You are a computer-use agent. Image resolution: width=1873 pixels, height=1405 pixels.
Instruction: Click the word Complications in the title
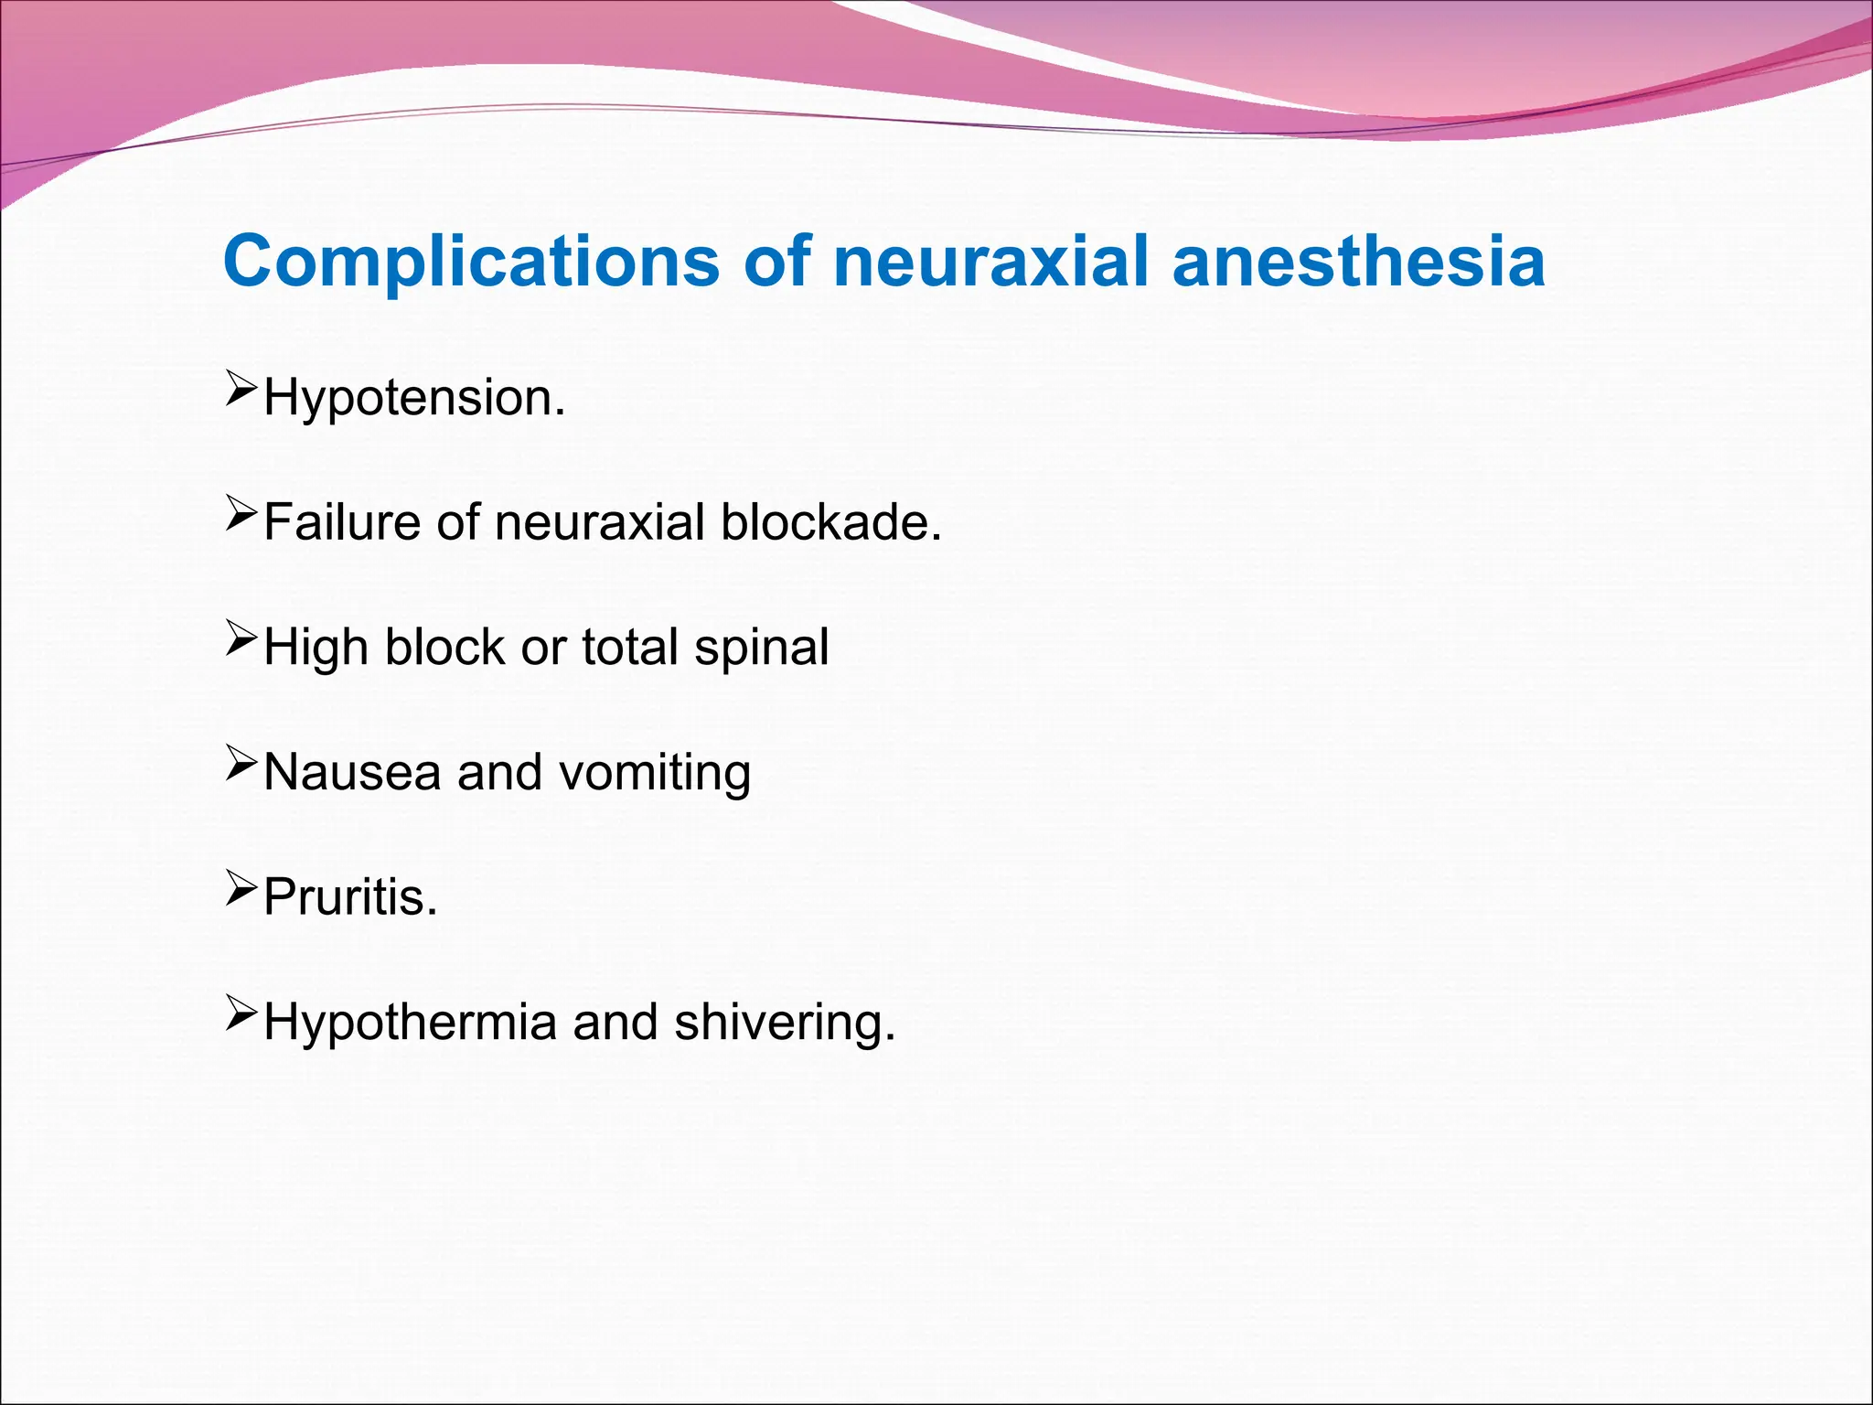[x=472, y=263]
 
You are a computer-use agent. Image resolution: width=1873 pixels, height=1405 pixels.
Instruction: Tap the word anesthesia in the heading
[x=1359, y=263]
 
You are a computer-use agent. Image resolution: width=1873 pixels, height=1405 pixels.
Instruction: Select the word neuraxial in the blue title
[x=990, y=263]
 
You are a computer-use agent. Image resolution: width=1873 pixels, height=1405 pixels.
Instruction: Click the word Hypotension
[x=414, y=399]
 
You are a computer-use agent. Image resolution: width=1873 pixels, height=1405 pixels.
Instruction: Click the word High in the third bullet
[x=316, y=649]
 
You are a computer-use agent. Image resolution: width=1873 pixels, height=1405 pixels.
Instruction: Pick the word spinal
[x=761, y=649]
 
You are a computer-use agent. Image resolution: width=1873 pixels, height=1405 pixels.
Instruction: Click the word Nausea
[x=352, y=772]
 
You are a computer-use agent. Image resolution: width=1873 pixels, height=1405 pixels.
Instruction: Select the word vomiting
[x=655, y=774]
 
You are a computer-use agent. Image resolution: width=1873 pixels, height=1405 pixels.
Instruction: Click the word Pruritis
[x=350, y=897]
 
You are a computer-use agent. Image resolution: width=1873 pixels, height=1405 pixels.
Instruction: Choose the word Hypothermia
[x=410, y=1023]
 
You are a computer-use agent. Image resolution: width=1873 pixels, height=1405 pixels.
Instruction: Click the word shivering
[x=784, y=1023]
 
